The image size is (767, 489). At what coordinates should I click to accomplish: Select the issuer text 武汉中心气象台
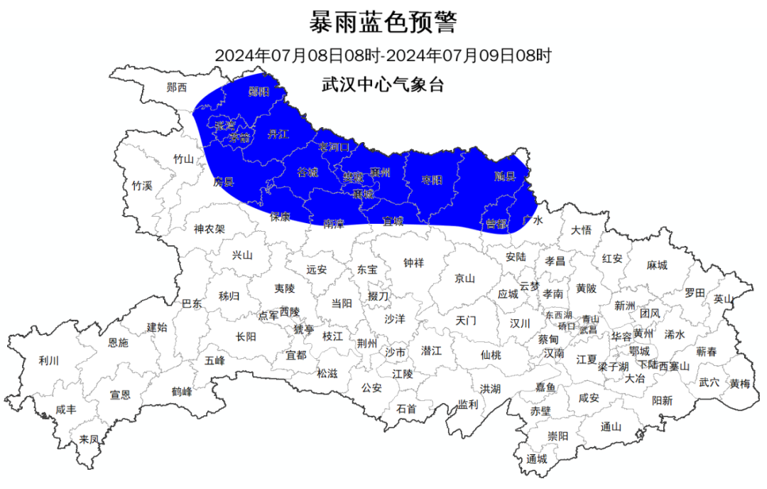coord(383,86)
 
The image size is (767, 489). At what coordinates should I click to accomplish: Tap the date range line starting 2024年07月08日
coord(383,55)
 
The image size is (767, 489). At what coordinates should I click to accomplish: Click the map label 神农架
coord(210,229)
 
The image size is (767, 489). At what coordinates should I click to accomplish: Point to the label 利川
coord(49,361)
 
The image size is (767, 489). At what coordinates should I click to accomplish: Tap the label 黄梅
coord(739,384)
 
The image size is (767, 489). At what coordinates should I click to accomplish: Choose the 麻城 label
coord(657,265)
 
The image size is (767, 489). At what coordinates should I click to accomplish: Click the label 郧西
coord(177,87)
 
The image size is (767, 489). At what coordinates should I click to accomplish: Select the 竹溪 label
coord(142,186)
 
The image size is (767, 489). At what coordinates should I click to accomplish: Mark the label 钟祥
coord(413,263)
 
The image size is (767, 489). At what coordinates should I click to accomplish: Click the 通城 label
coord(537,458)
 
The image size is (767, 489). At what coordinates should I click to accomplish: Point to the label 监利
coord(468,404)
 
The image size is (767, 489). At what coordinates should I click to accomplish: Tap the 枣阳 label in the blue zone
coord(431,180)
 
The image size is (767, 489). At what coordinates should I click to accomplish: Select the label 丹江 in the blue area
coord(278,134)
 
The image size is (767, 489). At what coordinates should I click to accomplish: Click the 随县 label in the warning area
coord(504,176)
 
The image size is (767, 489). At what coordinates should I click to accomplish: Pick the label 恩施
coord(119,343)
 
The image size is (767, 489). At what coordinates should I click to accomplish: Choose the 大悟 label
coord(581,230)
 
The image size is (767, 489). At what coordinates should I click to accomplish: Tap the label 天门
coord(466,321)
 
